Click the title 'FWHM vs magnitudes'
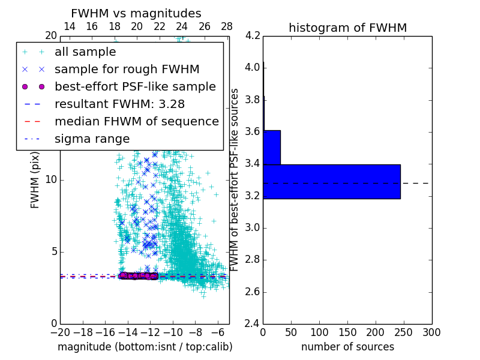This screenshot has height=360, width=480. coord(136,13)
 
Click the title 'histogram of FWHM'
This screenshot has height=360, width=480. coord(347,28)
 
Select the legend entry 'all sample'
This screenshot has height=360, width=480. coord(85,52)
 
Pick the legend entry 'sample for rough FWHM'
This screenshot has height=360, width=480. coord(127,69)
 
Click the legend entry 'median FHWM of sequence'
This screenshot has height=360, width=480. coord(136,121)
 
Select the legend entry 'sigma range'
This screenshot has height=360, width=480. coord(92,139)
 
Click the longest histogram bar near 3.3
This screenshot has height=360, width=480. coord(331,181)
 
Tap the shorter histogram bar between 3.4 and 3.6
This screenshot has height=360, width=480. coord(272,147)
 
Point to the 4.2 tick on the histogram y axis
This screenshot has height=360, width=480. coord(253,35)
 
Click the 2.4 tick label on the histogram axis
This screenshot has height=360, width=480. coord(253,324)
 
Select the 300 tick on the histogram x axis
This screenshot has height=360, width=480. coord(431,332)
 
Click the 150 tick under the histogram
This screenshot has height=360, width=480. coord(347,332)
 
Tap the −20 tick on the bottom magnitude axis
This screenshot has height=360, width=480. coord(60,332)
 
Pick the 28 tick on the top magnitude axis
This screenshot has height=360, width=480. coord(227,26)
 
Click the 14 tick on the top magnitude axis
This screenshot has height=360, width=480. coord(70,26)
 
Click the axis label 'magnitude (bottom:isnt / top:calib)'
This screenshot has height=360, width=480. coord(145,347)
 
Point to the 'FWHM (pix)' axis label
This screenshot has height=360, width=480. coord(35,180)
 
